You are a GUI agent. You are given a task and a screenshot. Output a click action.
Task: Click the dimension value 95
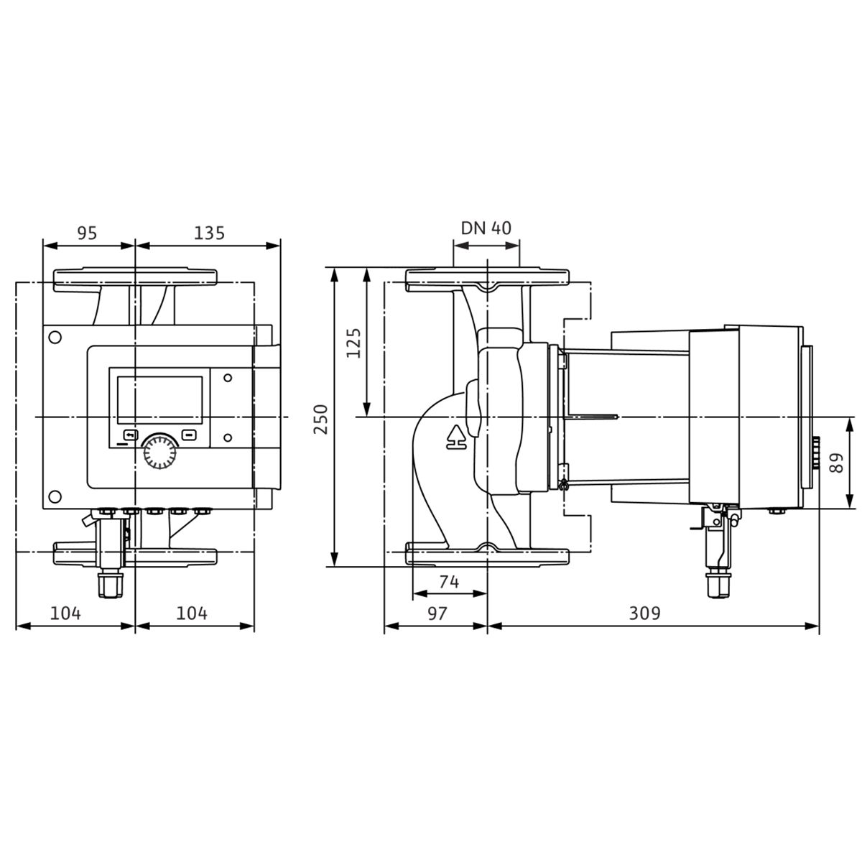click(x=87, y=233)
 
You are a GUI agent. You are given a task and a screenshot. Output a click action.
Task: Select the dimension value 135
click(x=209, y=233)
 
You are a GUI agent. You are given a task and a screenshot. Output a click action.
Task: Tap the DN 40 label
click(x=486, y=228)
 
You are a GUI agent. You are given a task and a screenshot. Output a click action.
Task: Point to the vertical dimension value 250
click(x=320, y=419)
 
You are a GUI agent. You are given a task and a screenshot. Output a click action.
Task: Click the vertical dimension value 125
click(x=353, y=343)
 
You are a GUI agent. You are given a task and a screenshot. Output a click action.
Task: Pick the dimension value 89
click(x=835, y=463)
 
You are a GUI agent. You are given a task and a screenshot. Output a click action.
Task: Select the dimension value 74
click(x=449, y=582)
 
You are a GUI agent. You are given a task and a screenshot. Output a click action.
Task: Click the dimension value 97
click(x=437, y=613)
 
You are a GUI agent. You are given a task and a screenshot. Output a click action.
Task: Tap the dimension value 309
click(x=644, y=613)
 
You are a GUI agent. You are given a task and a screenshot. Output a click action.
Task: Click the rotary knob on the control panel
click(x=159, y=453)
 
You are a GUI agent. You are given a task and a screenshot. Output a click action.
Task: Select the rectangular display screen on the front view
click(x=159, y=400)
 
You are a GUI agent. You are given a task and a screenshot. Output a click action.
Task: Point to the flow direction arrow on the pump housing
click(x=456, y=437)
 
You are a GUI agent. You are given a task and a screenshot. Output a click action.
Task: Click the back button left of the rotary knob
click(x=131, y=435)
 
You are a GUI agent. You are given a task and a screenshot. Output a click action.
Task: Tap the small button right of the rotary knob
click(x=188, y=435)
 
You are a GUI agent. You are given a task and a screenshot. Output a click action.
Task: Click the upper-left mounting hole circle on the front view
click(x=55, y=338)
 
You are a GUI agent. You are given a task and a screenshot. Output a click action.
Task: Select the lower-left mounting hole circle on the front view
click(x=55, y=496)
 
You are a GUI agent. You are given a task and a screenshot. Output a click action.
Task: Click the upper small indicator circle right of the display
click(x=228, y=378)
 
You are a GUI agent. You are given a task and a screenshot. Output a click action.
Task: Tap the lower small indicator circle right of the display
click(x=228, y=437)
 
